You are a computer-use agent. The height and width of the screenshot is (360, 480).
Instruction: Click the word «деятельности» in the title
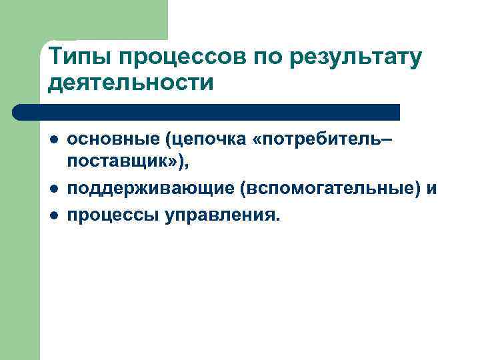131,83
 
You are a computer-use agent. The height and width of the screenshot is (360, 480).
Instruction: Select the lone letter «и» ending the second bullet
432,189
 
